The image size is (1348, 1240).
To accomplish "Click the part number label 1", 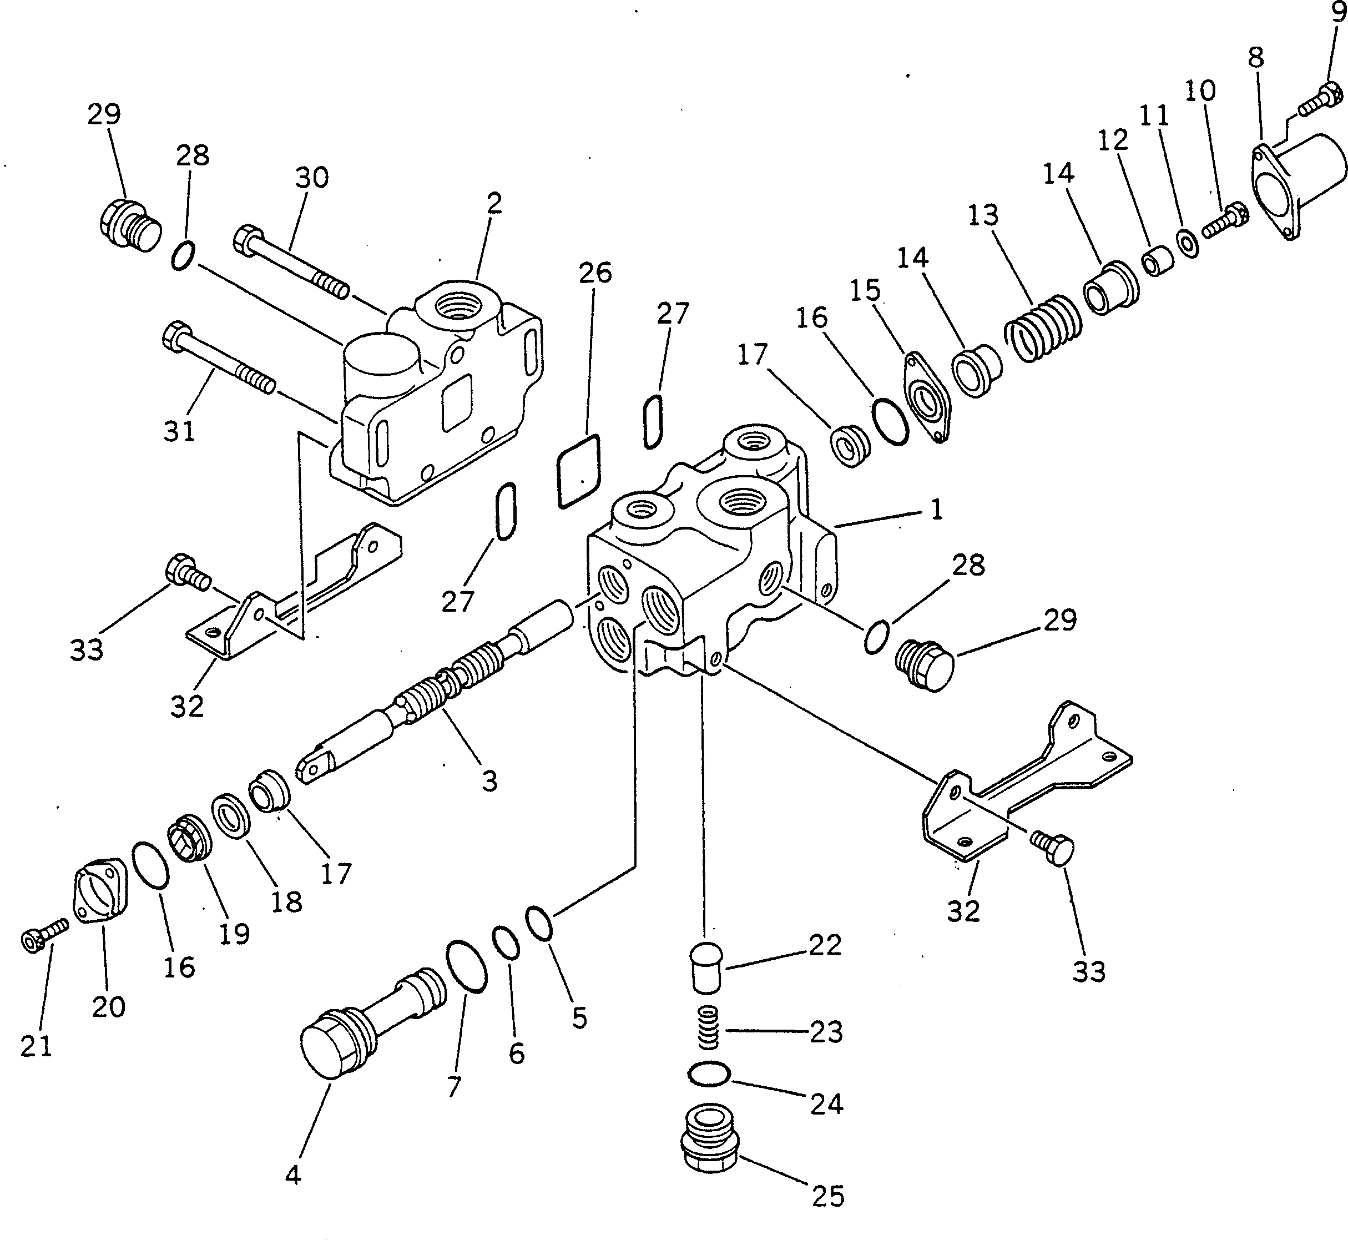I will [937, 510].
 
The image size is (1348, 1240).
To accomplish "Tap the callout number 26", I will [595, 273].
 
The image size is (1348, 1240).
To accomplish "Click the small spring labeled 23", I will [709, 1028].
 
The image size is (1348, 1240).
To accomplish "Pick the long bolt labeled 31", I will [218, 359].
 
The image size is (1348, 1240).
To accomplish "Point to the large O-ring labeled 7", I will [466, 965].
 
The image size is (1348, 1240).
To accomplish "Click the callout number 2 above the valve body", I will [494, 203].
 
